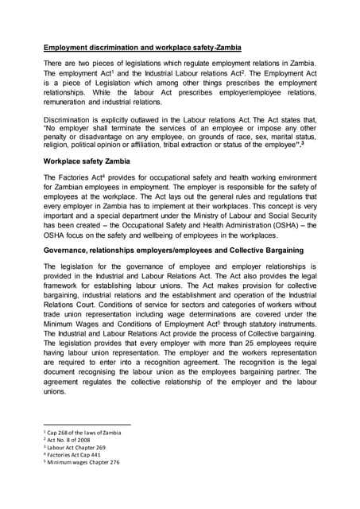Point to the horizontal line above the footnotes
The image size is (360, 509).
(87, 425)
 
